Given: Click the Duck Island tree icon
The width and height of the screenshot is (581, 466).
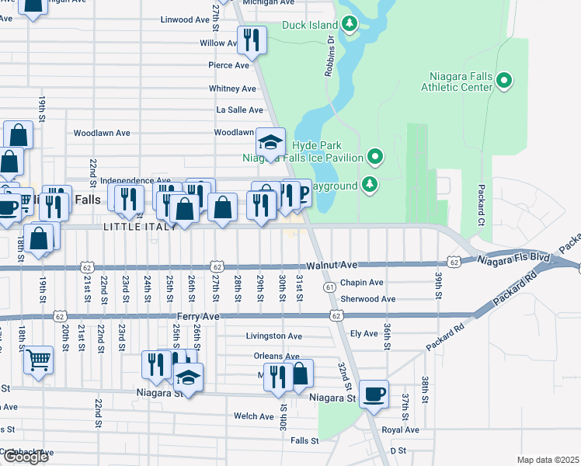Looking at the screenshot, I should pyautogui.click(x=350, y=24).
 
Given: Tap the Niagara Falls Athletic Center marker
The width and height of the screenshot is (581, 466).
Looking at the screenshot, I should pyautogui.click(x=504, y=80).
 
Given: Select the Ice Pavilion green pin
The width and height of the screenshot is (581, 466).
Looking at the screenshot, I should pyautogui.click(x=375, y=158).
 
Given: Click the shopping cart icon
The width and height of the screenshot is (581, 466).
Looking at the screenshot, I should pyautogui.click(x=38, y=360).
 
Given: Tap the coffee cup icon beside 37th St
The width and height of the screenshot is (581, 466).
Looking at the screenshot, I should pyautogui.click(x=374, y=395).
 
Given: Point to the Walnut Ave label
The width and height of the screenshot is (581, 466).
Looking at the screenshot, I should pyautogui.click(x=332, y=266).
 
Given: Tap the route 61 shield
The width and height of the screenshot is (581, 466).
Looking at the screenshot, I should pyautogui.click(x=330, y=287).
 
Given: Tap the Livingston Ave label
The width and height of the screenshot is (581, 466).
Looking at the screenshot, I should pyautogui.click(x=273, y=336).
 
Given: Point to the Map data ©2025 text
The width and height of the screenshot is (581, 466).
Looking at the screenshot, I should pyautogui.click(x=548, y=460).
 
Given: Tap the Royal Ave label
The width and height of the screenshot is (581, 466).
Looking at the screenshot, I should pyautogui.click(x=400, y=429).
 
